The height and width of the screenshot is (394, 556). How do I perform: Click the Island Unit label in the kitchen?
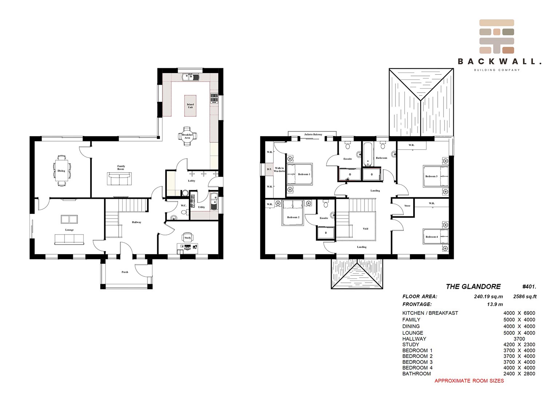tap(190, 106)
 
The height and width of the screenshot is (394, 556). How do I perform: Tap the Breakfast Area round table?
tap(188, 136)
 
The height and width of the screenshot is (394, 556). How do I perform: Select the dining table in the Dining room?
tap(61, 170)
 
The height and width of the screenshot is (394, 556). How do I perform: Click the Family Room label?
tap(121, 167)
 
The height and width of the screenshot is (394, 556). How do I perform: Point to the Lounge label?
tap(70, 230)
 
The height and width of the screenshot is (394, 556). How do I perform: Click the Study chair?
tap(188, 237)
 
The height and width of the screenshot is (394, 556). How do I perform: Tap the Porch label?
tap(125, 272)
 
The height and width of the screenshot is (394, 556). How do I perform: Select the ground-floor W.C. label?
tap(184, 205)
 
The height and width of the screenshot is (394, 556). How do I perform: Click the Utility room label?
tap(201, 207)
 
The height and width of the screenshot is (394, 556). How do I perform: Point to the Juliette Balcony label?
tap(313, 134)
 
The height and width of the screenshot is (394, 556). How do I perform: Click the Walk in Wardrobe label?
tap(279, 170)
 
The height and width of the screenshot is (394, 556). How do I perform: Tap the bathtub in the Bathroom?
tap(367, 154)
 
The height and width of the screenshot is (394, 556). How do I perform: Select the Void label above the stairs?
tap(365, 229)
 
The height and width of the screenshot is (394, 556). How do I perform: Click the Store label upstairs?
tap(407, 206)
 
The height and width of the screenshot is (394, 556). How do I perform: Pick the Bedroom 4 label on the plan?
tap(431, 236)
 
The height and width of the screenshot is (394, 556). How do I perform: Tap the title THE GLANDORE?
tap(473, 286)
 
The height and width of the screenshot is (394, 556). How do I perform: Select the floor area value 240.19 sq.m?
tap(488, 297)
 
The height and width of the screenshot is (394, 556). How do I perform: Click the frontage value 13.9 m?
tap(495, 304)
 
